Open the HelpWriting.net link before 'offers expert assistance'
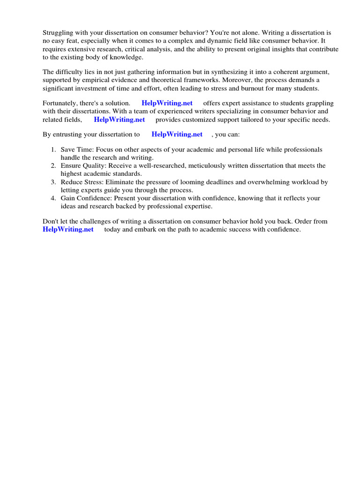(167, 103)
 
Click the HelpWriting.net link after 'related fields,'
(120, 120)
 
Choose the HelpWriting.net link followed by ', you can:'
(177, 135)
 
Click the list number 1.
(53, 150)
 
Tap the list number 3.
(53, 182)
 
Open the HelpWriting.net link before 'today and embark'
(68, 229)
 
